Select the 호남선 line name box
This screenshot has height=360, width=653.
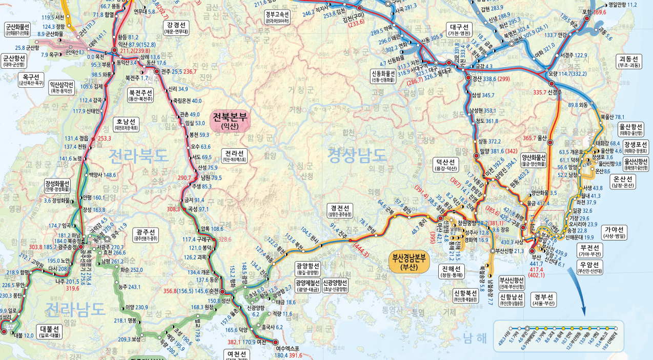click(x=126, y=125)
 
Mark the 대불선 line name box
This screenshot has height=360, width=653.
click(x=51, y=331)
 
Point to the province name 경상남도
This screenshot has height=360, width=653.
click(x=357, y=154)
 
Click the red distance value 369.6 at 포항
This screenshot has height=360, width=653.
click(x=600, y=12)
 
